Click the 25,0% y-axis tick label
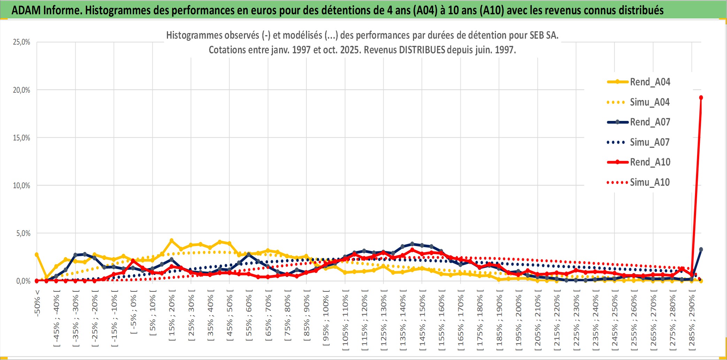tap(22, 42)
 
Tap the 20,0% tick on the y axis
tap(22, 90)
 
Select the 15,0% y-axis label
tap(22, 138)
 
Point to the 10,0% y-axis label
tap(22, 185)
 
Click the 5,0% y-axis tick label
tap(23, 233)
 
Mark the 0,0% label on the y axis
tap(23, 281)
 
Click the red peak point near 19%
tap(701, 98)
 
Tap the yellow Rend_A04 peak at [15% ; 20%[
tap(171, 240)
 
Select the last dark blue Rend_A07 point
tap(701, 250)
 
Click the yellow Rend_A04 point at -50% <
tap(37, 255)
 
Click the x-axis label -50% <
tap(37, 303)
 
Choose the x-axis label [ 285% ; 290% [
tap(692, 321)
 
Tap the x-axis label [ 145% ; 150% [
tap(422, 321)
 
